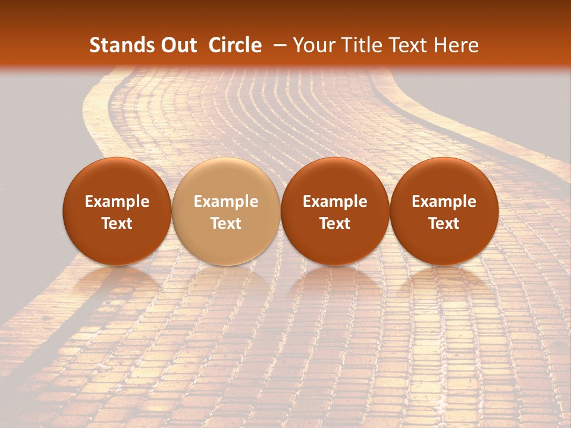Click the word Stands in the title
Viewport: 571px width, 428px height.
pos(117,45)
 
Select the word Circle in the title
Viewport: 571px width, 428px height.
pos(235,45)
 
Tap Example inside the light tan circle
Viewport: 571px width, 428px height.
pos(226,202)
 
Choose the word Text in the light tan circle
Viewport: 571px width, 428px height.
pos(226,224)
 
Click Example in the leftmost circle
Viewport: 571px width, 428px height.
pos(117,202)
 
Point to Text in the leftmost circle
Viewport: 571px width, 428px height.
pos(117,224)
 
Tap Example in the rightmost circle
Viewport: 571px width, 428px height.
pos(444,202)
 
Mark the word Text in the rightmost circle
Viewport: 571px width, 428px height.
pos(444,224)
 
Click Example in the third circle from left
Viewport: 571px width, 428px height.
pos(335,202)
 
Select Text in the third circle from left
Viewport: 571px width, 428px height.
pos(335,224)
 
